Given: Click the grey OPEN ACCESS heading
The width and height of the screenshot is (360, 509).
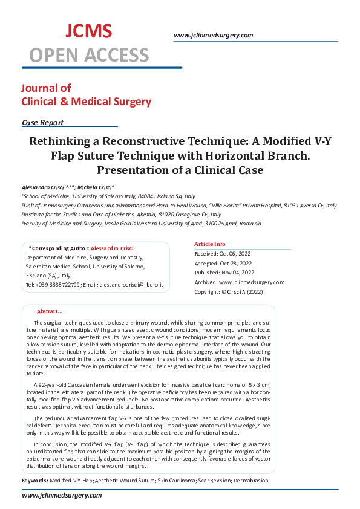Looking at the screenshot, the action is (89, 55).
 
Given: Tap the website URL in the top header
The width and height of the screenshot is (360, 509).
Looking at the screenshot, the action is (213, 35).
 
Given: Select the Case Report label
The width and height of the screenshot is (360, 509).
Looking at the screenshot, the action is (42, 122).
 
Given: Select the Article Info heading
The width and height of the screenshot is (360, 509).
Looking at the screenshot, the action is (210, 244).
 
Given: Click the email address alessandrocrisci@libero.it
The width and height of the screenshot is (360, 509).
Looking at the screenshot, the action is (136, 284).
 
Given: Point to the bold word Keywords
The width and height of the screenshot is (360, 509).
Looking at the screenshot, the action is (34, 481).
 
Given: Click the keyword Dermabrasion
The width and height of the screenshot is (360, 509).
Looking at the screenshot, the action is (252, 481).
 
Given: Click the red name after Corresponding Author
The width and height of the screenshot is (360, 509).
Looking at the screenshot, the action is (112, 248).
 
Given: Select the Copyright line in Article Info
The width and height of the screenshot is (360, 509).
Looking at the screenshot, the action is (229, 291).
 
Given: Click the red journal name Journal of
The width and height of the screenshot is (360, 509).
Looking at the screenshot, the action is (46, 88).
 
